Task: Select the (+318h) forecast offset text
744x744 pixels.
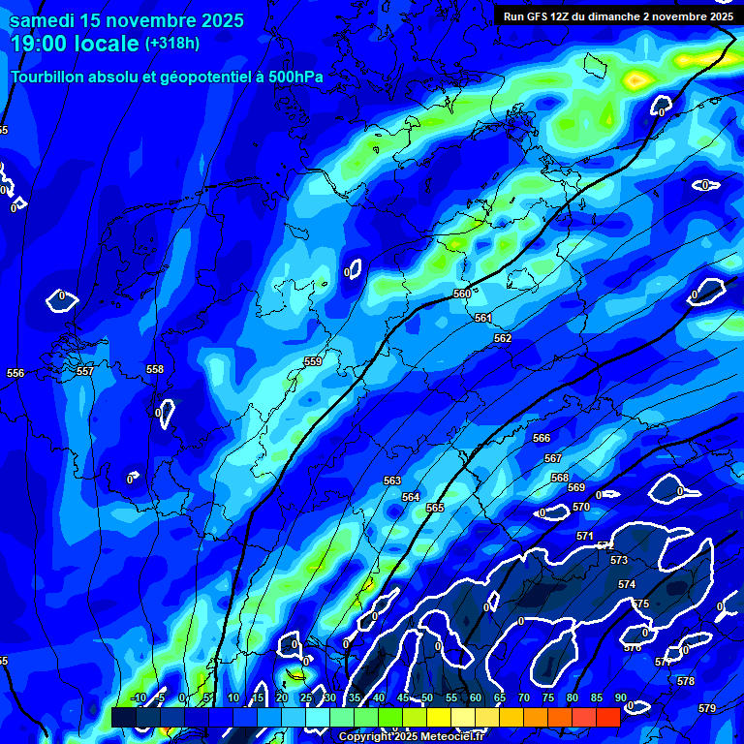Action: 172,44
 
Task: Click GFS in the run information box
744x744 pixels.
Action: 539,16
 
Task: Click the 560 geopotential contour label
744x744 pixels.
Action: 462,294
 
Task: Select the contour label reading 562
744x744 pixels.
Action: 503,338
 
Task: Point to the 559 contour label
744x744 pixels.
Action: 313,361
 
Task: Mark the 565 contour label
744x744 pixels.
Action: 435,508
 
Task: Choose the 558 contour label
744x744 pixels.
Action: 155,369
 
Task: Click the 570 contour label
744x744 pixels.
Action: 581,507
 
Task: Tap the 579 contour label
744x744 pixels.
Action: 707,708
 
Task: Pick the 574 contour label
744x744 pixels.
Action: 627,584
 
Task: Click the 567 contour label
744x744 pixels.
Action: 553,458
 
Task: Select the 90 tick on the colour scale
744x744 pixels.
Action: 620,697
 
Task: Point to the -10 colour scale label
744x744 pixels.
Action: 138,697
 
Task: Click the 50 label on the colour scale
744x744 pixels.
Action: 427,697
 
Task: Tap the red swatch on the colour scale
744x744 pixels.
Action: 607,717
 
